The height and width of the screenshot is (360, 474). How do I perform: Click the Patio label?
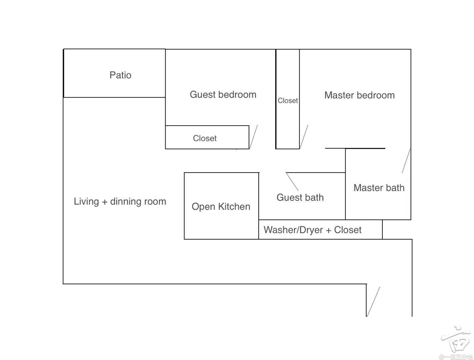[x=120, y=75]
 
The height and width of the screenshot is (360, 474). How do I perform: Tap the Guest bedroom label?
[x=223, y=95]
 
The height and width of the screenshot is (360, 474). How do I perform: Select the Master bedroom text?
[x=359, y=95]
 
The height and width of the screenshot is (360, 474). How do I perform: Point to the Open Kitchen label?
[x=221, y=207]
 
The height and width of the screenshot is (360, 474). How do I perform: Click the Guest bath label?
[x=300, y=198]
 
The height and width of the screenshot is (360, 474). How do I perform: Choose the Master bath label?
[x=379, y=188]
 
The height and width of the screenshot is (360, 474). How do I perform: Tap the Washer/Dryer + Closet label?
[x=312, y=230]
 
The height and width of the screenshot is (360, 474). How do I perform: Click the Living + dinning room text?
[x=120, y=202]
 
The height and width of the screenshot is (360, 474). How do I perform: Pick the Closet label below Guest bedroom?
[x=205, y=138]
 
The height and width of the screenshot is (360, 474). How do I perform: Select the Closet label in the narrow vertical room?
[x=288, y=101]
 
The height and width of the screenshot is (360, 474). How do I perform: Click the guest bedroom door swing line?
[x=254, y=137]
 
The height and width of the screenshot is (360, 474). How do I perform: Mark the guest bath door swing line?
[x=292, y=181]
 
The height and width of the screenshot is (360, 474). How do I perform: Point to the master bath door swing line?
[x=406, y=161]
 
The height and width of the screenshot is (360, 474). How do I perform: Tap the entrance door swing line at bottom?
[x=373, y=302]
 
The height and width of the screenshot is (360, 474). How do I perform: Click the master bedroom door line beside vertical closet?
[x=304, y=137]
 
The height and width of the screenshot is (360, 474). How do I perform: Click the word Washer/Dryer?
[x=293, y=230]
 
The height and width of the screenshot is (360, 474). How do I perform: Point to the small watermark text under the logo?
[x=456, y=357]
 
